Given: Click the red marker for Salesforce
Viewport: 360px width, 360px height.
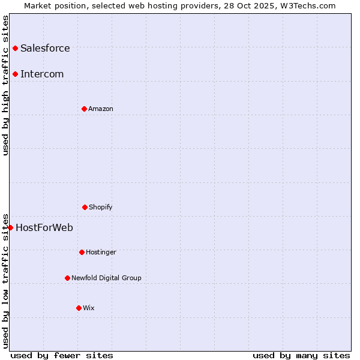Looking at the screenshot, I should (15, 48).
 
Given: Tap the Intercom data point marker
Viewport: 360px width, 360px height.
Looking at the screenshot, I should (15, 74).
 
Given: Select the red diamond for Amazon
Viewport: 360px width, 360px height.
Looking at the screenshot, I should (84, 109).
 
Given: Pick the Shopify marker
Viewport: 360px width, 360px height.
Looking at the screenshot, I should (85, 207).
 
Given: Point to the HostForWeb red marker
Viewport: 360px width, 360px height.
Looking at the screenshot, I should (10, 227).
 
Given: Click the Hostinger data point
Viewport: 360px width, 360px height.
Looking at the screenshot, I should (82, 252).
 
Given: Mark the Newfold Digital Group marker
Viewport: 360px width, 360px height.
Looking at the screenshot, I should (67, 278).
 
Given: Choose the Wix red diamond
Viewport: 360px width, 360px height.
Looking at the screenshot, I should (79, 308).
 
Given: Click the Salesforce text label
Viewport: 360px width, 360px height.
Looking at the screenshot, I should (45, 48).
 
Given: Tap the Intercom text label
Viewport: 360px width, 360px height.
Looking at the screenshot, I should (42, 74).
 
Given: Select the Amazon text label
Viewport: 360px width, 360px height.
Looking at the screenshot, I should (101, 109).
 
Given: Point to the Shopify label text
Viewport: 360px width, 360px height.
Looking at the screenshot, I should (101, 207).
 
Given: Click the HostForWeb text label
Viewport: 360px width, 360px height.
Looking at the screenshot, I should (44, 227).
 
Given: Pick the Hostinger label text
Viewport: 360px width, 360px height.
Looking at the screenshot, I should (101, 252).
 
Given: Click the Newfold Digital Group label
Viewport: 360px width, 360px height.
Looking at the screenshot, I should (106, 278).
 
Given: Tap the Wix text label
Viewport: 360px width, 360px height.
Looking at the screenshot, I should (89, 308).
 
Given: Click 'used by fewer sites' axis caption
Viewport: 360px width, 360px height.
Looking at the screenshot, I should (62, 355).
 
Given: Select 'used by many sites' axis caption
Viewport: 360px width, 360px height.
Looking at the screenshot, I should (301, 355).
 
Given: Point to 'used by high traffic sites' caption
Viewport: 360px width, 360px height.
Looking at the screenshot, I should (5, 85).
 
